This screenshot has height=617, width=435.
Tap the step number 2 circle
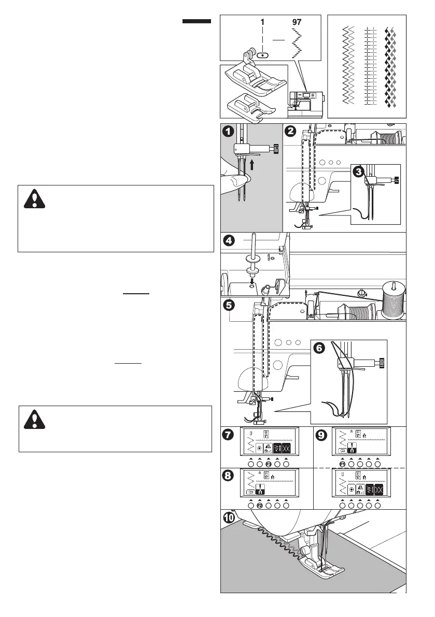[291, 132]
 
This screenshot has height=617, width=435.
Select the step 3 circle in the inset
[359, 172]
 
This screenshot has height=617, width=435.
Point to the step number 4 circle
[229, 241]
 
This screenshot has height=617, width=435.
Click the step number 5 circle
[229, 305]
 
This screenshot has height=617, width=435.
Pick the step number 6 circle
[318, 348]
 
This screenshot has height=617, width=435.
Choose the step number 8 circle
[229, 475]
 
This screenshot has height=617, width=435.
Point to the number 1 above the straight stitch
[262, 23]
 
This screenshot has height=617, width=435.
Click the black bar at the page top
[197, 21]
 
